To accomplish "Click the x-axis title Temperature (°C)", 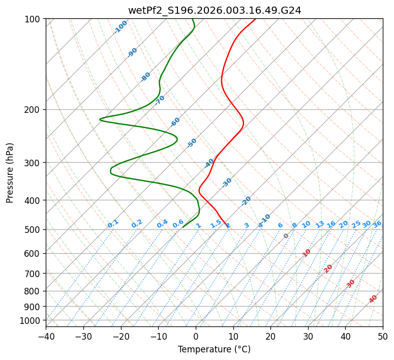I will coord(214,349).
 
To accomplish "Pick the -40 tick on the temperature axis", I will coord(46,336).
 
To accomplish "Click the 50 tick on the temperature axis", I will coord(383,336).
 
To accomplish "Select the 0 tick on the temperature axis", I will coord(196,336).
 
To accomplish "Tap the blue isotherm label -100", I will coord(120,27).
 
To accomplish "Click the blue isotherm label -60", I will coord(175,122).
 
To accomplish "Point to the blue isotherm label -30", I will coord(227,182).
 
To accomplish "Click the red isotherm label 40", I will coord(373,299).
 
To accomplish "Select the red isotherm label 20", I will coord(328,268).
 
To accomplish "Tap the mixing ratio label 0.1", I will coord(113,224).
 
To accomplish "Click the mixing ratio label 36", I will coord(377,224).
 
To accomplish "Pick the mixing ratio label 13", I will coord(320,224).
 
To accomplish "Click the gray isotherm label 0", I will coord(286,236).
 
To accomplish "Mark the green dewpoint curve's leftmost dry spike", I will coord(100,119).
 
